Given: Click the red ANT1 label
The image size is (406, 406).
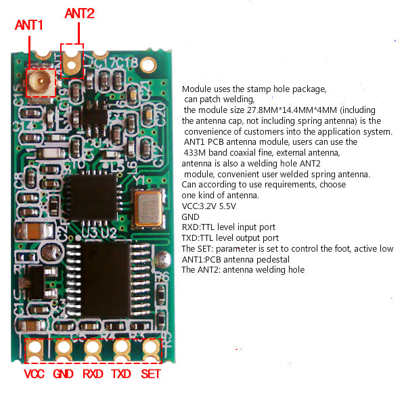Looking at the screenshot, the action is coord(28,25).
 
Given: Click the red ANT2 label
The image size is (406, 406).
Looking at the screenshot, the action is coord(79,14).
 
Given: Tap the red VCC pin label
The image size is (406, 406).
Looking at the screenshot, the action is coord(35,374).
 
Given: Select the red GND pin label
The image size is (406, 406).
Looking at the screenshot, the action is coord(63,374).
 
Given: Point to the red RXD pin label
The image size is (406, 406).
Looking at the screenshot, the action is coord(93,374).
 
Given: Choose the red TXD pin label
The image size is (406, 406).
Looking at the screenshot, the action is coord(121,374).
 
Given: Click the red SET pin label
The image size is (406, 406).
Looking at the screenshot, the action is coord(151,374).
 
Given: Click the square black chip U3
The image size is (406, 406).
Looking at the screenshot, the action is coord(93,198).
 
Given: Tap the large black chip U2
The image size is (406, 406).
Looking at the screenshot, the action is coord(107,279).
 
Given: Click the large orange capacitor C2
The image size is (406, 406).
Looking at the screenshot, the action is coord(35,231).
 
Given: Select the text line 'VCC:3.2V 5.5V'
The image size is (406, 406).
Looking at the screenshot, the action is coord(208,206).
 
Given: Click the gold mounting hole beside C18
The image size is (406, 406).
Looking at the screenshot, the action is coord(148,65).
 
